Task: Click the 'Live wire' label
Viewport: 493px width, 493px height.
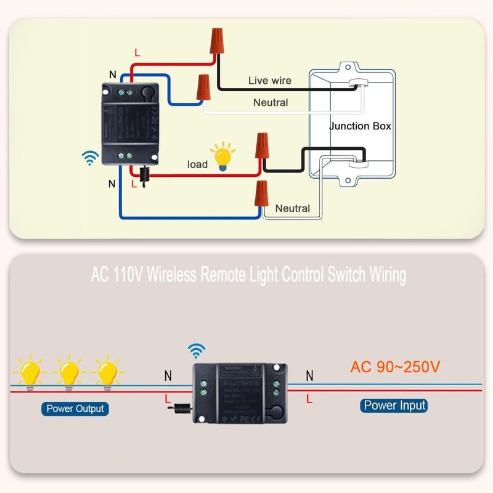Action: (x=269, y=81)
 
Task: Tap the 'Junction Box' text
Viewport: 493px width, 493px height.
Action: (x=360, y=126)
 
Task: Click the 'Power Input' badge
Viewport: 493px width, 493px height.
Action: (x=394, y=405)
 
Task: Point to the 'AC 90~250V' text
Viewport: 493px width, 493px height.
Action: (x=395, y=367)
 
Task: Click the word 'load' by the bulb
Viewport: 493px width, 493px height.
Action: (x=197, y=165)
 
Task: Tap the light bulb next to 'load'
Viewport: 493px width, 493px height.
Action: (x=222, y=157)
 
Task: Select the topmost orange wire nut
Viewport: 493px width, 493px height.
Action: (x=217, y=41)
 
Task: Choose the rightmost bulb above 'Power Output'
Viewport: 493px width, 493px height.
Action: (x=108, y=372)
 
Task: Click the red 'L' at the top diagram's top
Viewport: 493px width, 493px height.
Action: (x=137, y=54)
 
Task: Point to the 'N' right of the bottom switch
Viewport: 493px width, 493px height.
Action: (x=309, y=375)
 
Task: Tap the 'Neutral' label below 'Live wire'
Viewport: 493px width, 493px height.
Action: (x=271, y=103)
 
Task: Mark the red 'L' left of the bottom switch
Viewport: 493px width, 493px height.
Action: (x=168, y=399)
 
